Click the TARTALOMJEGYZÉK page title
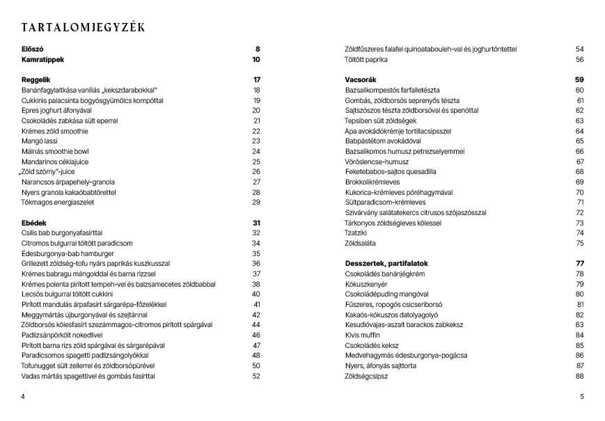point(83,28)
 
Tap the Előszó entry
point(33,49)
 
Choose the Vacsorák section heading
point(361,80)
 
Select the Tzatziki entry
point(356,233)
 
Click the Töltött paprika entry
point(366,60)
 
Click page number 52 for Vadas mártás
point(256,376)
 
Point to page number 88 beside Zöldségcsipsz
point(579,376)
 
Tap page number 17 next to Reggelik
point(256,80)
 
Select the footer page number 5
point(581,397)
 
